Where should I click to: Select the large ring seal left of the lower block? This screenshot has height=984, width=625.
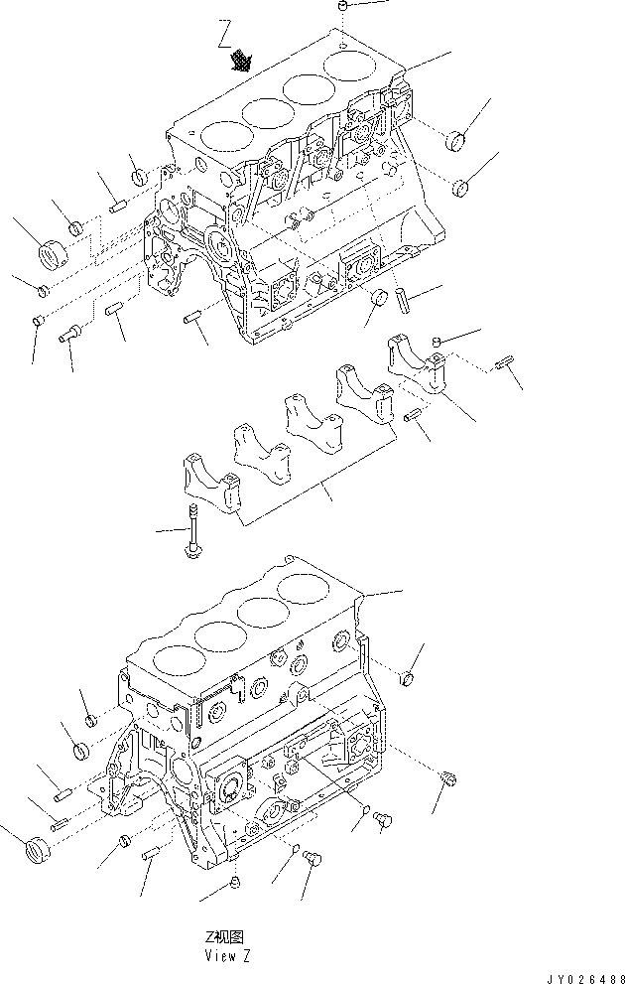(35, 850)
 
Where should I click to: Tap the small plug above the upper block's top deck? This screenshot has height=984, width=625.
(340, 7)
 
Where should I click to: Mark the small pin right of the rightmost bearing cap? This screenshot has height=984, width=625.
(503, 366)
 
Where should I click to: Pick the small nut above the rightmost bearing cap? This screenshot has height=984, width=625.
(437, 343)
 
